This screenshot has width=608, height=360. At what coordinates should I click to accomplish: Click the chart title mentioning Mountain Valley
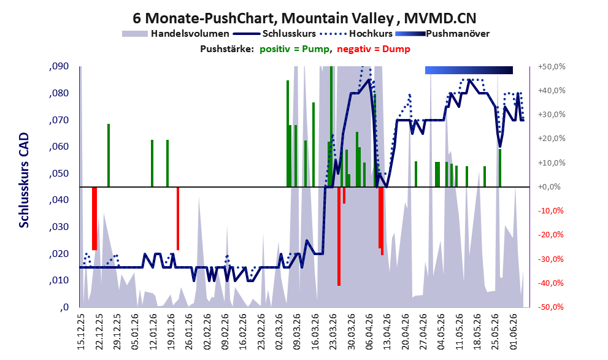(304, 18)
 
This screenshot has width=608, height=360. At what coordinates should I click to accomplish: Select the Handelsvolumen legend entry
(175, 34)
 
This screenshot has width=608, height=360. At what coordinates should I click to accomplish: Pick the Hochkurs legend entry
(356, 34)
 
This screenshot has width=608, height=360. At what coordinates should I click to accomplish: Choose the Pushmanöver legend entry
(442, 34)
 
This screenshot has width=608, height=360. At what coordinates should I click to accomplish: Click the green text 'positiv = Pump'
(295, 49)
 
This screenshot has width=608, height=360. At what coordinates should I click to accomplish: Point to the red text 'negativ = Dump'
(374, 49)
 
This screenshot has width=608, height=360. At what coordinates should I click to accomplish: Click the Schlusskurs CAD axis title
(24, 180)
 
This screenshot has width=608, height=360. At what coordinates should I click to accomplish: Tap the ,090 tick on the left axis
(59, 66)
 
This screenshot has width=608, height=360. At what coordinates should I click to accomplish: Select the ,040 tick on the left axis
(59, 200)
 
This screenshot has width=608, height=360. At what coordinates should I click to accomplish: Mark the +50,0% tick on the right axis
(552, 67)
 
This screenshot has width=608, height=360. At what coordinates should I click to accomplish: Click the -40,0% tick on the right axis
(551, 283)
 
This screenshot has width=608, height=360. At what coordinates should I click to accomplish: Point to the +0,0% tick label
(549, 187)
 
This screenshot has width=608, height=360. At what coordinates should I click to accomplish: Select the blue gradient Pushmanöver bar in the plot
(469, 70)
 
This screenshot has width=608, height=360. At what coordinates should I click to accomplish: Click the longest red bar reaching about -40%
(339, 236)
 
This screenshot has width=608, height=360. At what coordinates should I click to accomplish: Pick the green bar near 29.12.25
(109, 155)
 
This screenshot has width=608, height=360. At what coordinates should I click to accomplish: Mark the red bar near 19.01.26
(178, 218)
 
